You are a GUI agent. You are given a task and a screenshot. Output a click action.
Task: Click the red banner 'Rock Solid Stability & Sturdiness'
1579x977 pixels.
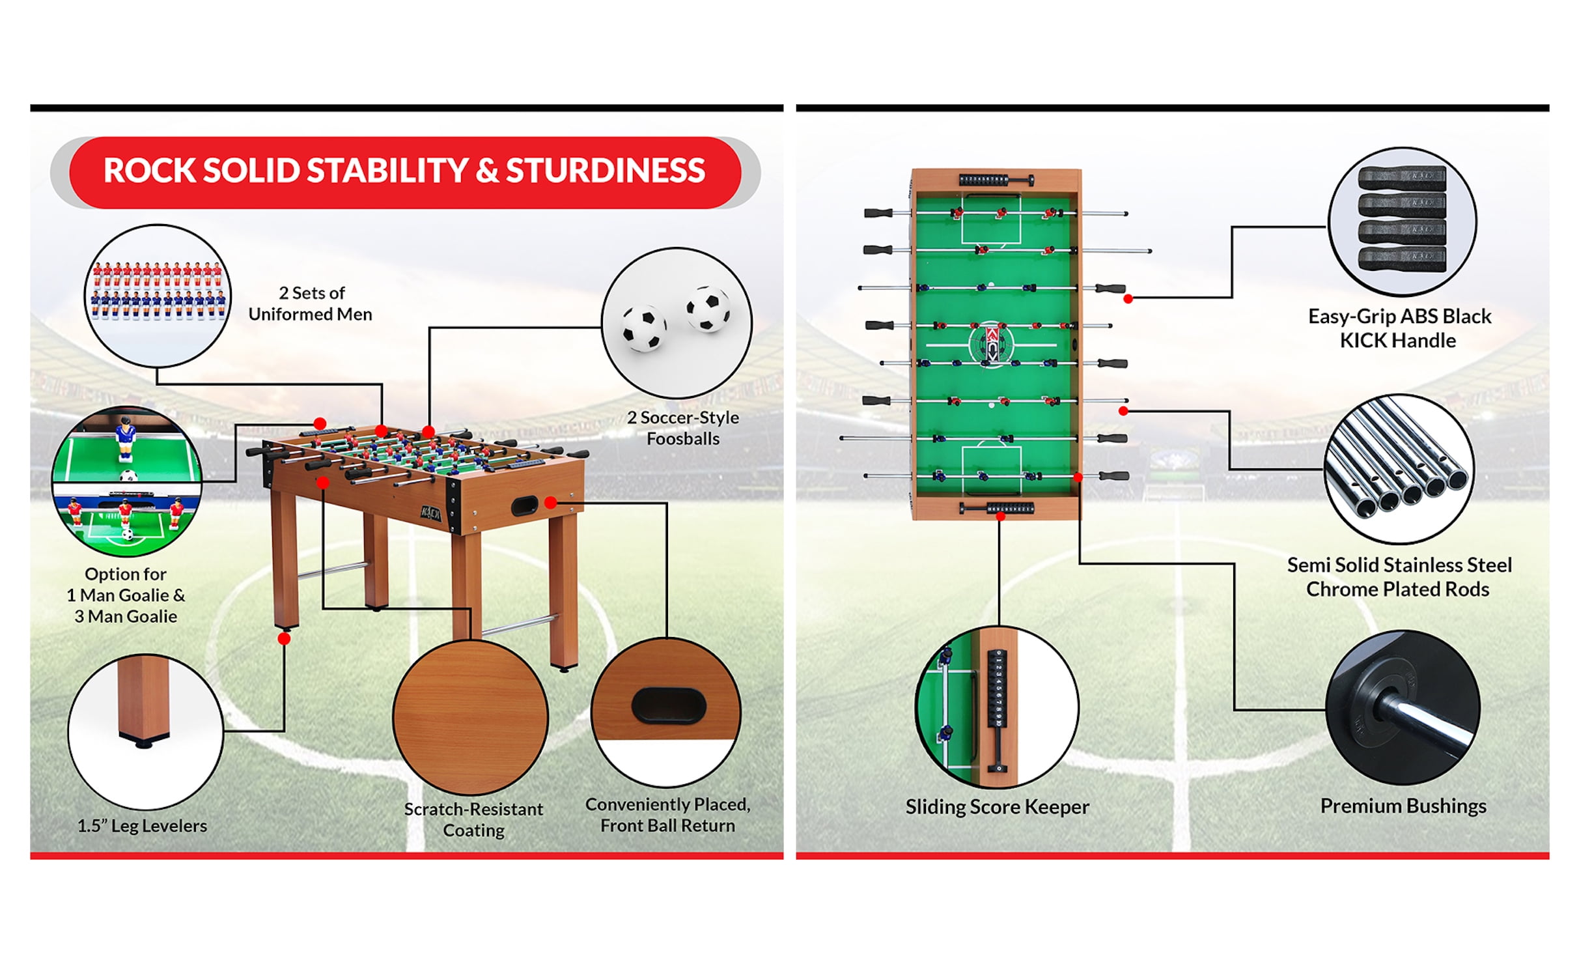pyautogui.click(x=404, y=171)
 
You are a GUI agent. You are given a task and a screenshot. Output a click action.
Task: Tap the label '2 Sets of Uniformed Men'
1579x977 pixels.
pyautogui.click(x=310, y=304)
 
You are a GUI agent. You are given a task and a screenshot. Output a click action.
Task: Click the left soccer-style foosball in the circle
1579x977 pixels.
pyautogui.click(x=643, y=328)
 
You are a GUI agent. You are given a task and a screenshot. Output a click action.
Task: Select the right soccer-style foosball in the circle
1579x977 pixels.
pyautogui.click(x=707, y=308)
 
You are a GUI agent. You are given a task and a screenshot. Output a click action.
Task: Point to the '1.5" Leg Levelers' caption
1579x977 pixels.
pyautogui.click(x=142, y=826)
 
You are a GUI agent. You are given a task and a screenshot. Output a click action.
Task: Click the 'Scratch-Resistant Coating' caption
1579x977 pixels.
pyautogui.click(x=473, y=819)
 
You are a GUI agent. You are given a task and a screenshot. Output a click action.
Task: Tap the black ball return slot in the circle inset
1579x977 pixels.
pyautogui.click(x=668, y=705)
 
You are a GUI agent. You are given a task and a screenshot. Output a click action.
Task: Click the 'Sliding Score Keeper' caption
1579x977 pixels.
pyautogui.click(x=997, y=807)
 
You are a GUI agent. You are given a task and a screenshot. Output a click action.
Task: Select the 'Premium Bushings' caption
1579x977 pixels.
pyautogui.click(x=1403, y=806)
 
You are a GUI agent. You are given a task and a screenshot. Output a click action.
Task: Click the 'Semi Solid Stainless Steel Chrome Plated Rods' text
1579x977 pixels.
pyautogui.click(x=1399, y=577)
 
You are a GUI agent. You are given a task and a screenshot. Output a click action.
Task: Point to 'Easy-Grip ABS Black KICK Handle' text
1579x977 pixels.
pyautogui.click(x=1399, y=328)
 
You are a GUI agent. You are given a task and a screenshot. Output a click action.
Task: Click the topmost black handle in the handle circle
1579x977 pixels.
pyautogui.click(x=1402, y=178)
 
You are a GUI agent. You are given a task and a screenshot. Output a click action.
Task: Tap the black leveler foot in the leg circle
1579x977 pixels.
pyautogui.click(x=145, y=740)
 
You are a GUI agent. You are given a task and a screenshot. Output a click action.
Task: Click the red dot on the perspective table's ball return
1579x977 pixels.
pyautogui.click(x=551, y=503)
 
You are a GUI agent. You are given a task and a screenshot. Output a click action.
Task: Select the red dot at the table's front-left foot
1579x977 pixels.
pyautogui.click(x=284, y=639)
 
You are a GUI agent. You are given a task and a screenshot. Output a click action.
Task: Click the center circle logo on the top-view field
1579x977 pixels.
pyautogui.click(x=992, y=343)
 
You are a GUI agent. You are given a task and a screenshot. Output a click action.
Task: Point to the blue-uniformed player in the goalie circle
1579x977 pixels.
pyautogui.click(x=123, y=437)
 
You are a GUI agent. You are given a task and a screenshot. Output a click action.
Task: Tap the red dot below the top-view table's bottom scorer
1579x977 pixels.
pyautogui.click(x=1001, y=517)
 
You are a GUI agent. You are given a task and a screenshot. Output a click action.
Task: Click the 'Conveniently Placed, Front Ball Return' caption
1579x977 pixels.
pyautogui.click(x=667, y=815)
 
